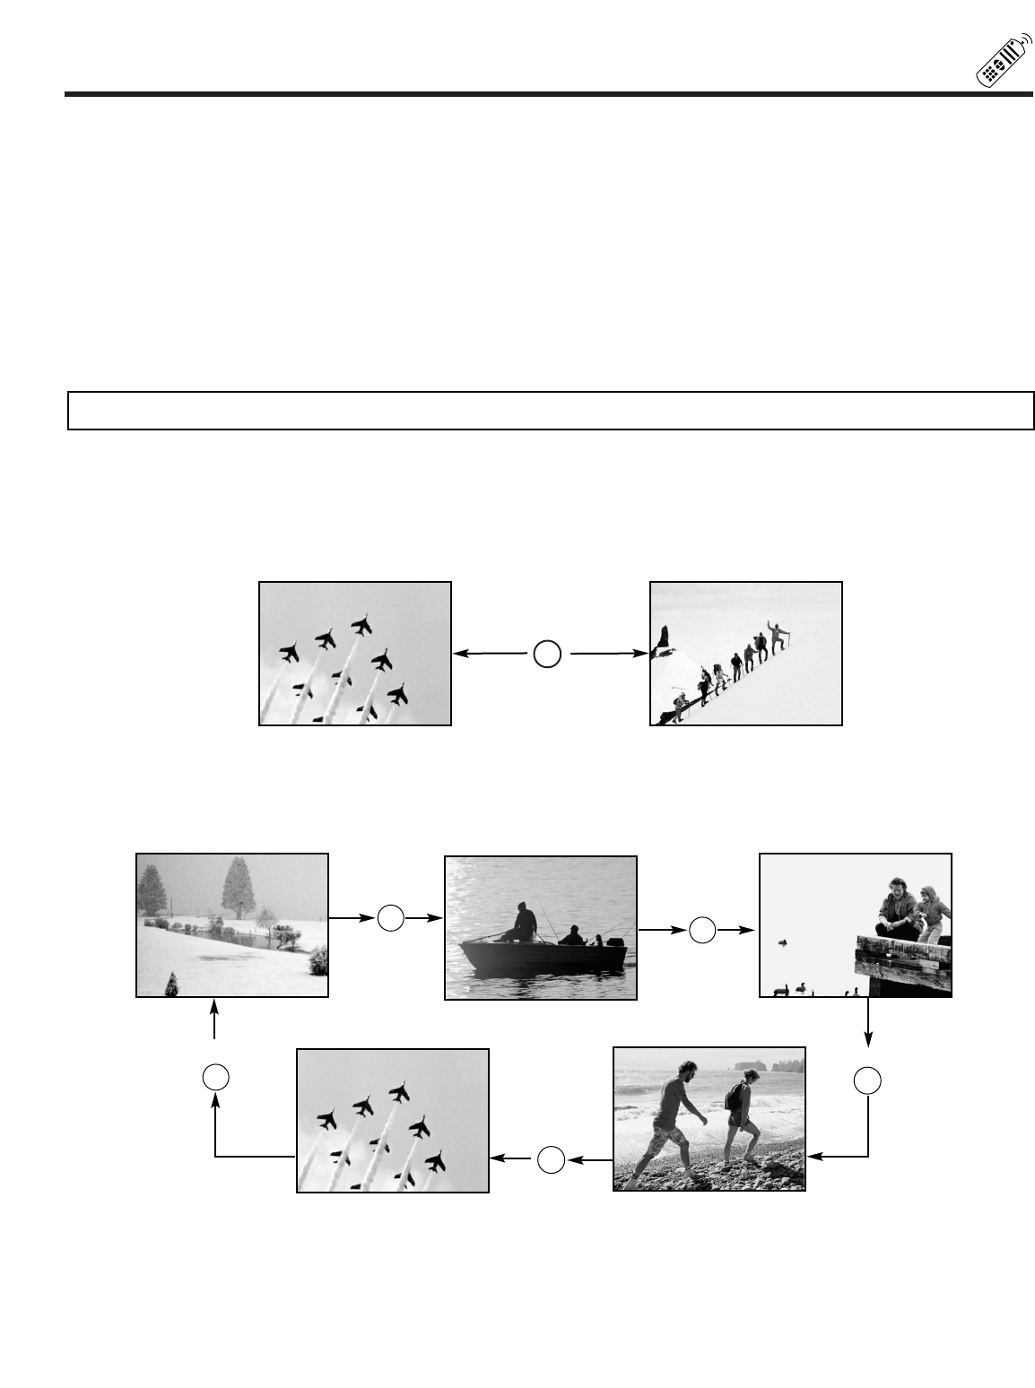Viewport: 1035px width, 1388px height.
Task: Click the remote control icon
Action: (1001, 63)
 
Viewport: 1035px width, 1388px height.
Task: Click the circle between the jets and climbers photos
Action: (547, 655)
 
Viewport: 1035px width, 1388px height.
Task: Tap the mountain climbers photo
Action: (745, 654)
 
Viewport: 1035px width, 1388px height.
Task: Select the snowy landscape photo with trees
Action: (232, 925)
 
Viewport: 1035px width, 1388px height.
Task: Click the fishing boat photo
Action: (541, 927)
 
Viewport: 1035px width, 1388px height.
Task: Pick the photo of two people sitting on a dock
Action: (855, 925)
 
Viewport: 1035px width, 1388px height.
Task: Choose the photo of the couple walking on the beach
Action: (709, 1119)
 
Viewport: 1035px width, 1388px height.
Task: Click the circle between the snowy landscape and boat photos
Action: (390, 918)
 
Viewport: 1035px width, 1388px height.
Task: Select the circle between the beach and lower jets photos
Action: (551, 1159)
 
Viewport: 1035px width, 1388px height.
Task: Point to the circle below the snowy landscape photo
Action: (214, 1075)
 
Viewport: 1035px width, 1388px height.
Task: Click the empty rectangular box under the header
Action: (551, 411)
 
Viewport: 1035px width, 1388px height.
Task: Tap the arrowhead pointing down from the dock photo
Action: (867, 1038)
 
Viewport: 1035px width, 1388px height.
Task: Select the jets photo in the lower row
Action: (393, 1121)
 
